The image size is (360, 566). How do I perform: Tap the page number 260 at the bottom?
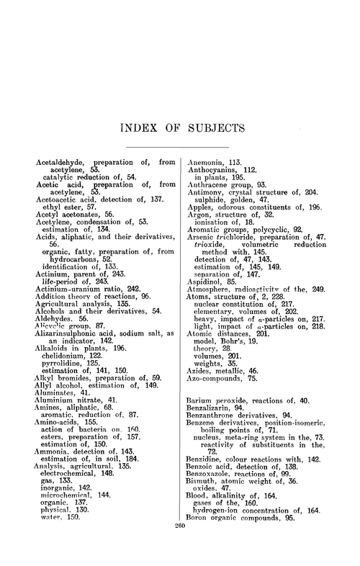tap(180, 546)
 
